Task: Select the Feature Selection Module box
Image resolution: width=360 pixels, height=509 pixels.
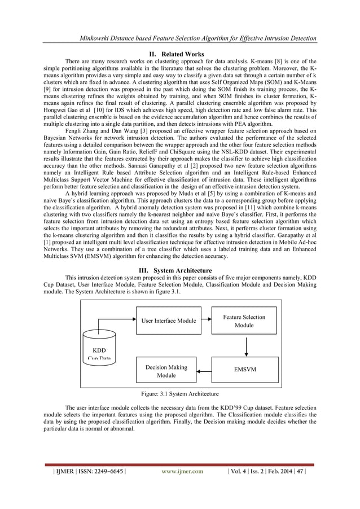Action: (244, 321)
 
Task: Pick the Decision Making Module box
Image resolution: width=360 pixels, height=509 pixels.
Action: (166, 371)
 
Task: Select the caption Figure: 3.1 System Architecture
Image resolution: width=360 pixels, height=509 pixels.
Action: (180, 393)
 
